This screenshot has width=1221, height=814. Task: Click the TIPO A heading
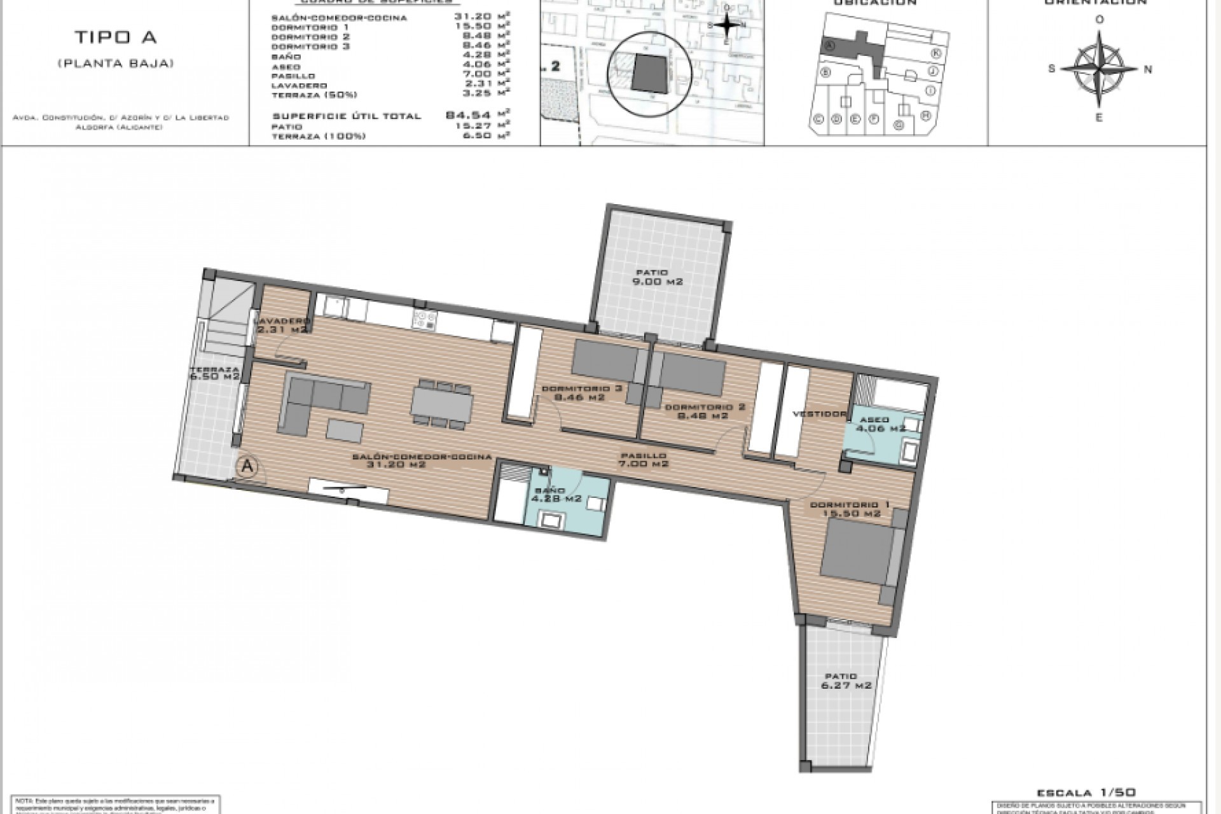(116, 38)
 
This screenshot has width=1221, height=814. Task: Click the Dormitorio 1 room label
(850, 509)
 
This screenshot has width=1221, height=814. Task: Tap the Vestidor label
(819, 414)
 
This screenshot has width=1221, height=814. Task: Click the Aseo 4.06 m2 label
(880, 424)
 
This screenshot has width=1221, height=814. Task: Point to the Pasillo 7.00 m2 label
(644, 460)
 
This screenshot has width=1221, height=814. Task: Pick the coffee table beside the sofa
(345, 431)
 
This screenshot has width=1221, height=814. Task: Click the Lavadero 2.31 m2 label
(284, 326)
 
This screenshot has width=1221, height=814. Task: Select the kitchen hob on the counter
(424, 319)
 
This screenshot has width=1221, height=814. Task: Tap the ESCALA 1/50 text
(1086, 792)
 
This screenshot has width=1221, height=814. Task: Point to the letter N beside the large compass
(1148, 70)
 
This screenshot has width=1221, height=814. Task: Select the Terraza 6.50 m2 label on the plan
(214, 373)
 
